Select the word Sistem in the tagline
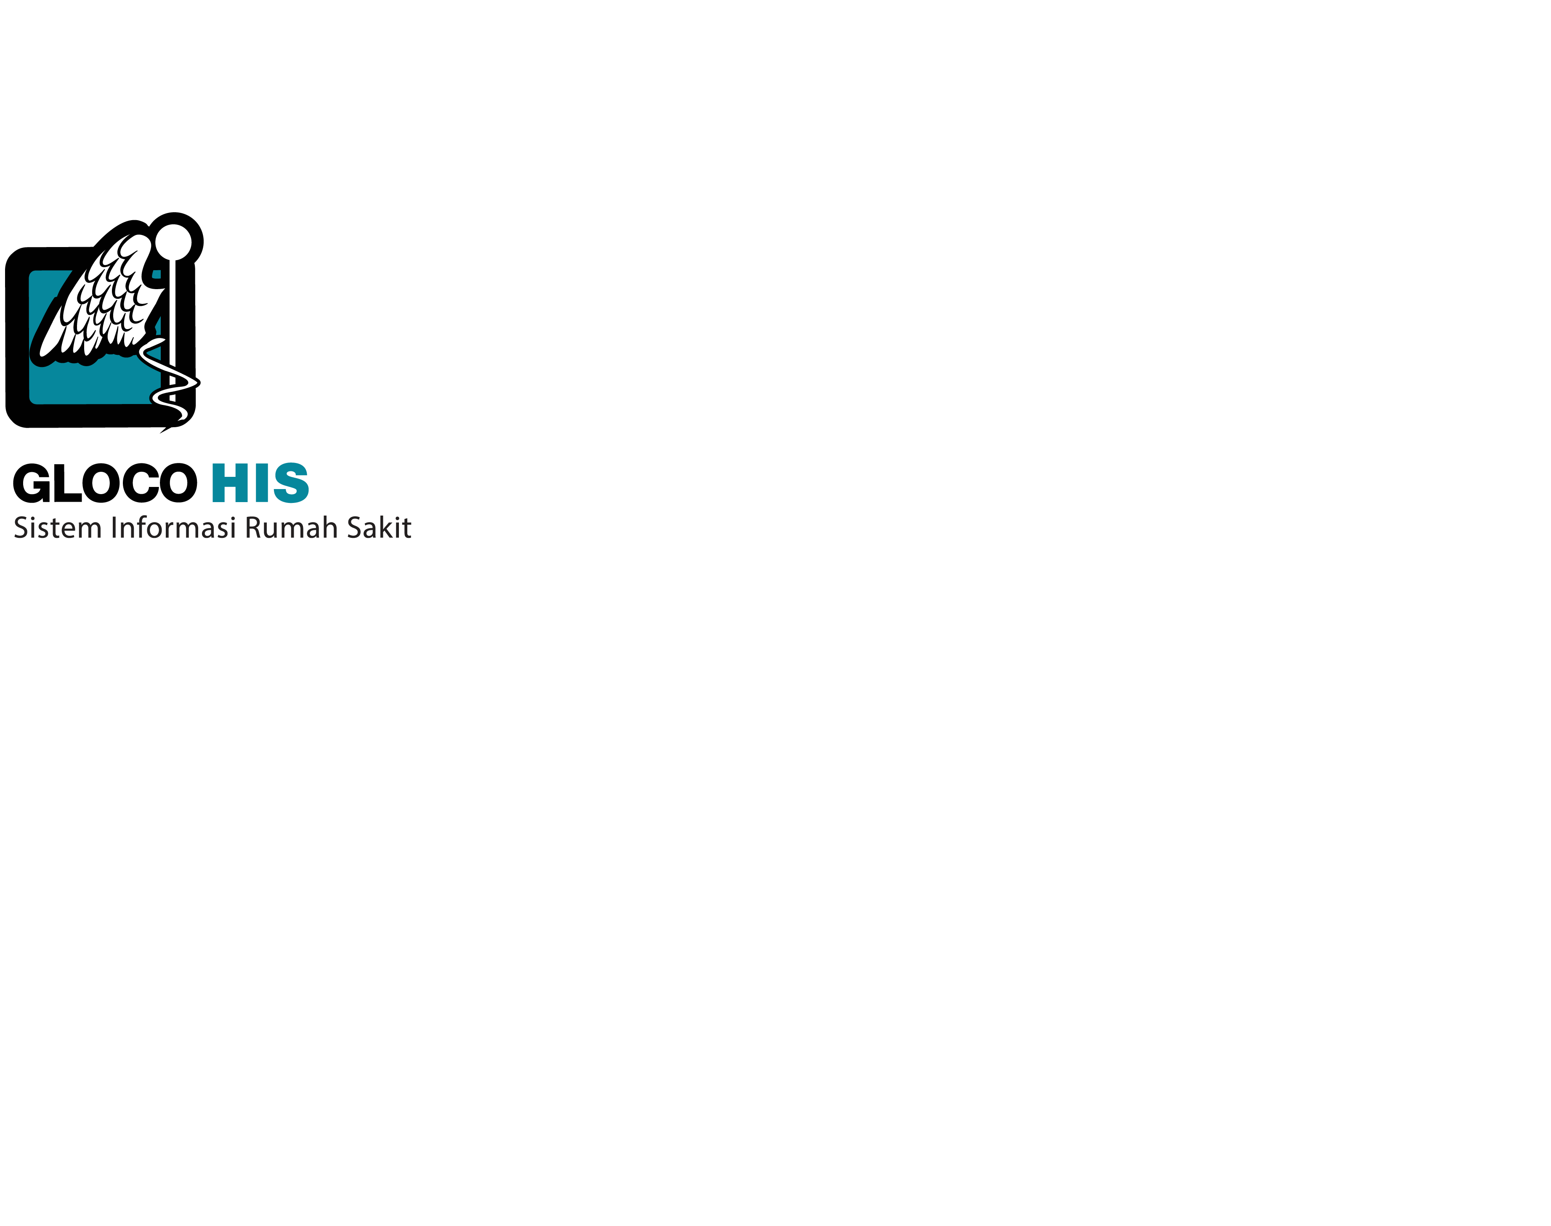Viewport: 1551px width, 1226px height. point(57,528)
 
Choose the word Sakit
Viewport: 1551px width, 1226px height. point(379,528)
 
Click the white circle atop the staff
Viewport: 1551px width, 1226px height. point(173,241)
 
